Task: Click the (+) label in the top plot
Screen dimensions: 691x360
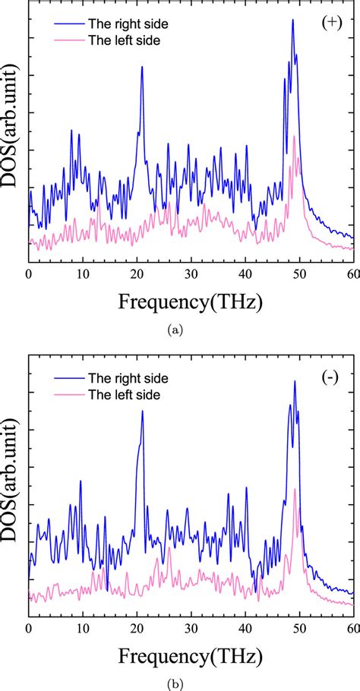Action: click(x=331, y=24)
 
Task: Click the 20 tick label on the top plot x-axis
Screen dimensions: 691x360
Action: click(x=137, y=274)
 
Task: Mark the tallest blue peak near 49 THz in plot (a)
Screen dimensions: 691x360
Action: click(x=292, y=21)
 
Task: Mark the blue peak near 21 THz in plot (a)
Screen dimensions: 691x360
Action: click(x=141, y=68)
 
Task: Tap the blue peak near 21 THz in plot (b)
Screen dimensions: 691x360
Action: click(x=142, y=412)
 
